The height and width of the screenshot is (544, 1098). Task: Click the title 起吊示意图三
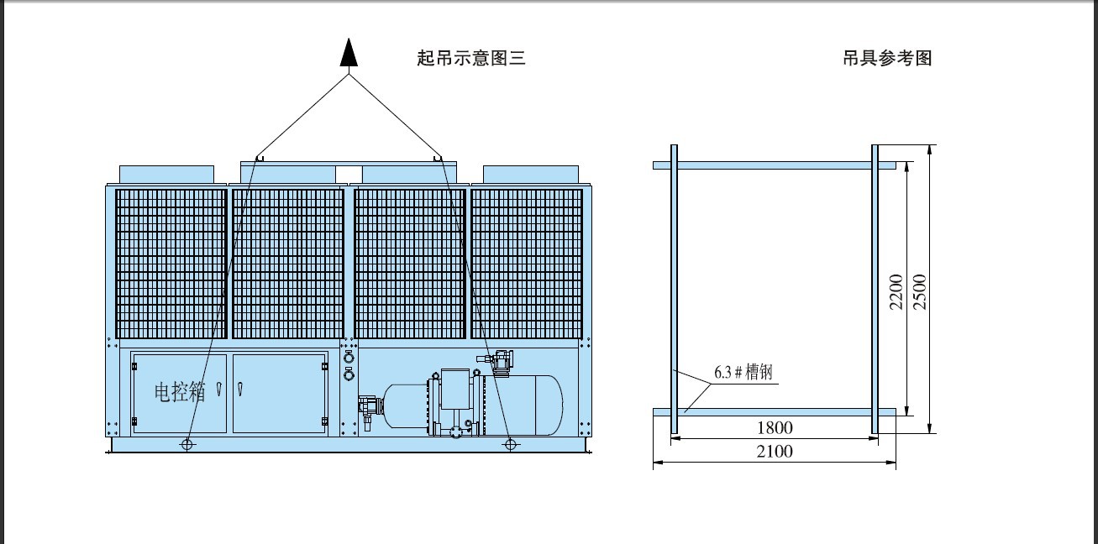coord(471,58)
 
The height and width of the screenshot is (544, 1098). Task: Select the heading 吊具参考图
coord(887,58)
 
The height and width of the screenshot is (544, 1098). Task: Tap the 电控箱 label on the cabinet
coord(180,392)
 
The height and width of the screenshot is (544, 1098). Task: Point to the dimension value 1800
coord(775,428)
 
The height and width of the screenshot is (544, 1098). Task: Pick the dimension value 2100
coord(775,451)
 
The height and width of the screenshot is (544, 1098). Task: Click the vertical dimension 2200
coord(896,292)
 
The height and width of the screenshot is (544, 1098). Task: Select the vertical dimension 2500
coord(920,292)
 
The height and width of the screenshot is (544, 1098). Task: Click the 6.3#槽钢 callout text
coord(743,373)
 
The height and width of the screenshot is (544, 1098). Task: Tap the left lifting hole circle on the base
coord(187,444)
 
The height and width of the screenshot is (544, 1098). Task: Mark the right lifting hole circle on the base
coord(510,444)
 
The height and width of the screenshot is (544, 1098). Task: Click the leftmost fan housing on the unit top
coord(166,175)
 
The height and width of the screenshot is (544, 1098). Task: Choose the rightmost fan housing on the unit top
coord(531,175)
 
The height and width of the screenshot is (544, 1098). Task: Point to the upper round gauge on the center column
coord(349,358)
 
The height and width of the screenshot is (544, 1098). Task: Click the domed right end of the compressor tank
coord(549,405)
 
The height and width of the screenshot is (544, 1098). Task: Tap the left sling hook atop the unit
coord(260,158)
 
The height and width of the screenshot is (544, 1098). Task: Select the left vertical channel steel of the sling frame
coord(674,289)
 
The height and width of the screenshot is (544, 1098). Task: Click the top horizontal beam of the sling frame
coord(775,165)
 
